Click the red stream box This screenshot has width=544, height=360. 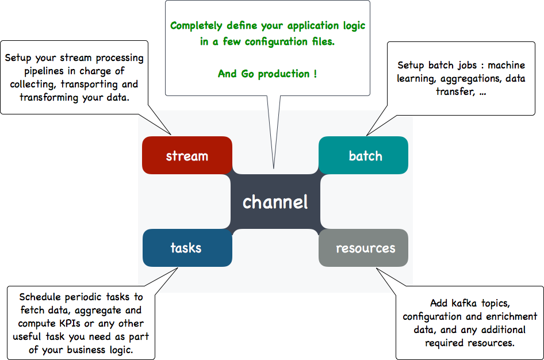click(187, 155)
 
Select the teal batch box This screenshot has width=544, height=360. click(363, 155)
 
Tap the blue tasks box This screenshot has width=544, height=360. click(187, 248)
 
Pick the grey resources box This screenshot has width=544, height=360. click(363, 248)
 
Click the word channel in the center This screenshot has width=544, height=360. click(275, 202)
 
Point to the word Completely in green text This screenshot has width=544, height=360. click(196, 26)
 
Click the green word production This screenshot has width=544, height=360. click(284, 74)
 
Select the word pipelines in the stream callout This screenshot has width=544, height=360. click(44, 71)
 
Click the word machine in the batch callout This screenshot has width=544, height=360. click(506, 65)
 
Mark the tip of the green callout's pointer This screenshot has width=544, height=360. click(274, 169)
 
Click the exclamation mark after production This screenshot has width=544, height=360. click(315, 74)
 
